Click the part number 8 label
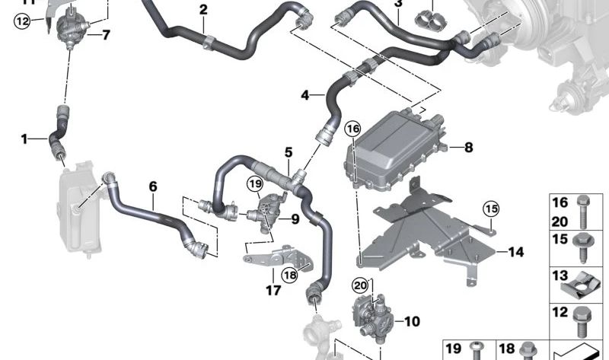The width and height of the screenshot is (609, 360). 469,148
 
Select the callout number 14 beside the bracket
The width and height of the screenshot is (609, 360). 516,251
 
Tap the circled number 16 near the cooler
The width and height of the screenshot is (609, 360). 352,129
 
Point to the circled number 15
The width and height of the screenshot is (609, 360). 491,208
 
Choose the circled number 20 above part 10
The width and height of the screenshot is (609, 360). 359,285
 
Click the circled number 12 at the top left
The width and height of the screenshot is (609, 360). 21,21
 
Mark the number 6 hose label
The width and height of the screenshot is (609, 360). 153,186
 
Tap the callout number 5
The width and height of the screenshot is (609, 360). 289,152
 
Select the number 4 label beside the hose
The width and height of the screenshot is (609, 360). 305,96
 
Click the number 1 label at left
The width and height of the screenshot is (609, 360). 24,139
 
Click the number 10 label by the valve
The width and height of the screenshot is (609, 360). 412,322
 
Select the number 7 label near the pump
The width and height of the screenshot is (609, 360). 106,34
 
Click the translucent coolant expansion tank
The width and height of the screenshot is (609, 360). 77,205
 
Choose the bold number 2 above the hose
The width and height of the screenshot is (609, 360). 203,10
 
